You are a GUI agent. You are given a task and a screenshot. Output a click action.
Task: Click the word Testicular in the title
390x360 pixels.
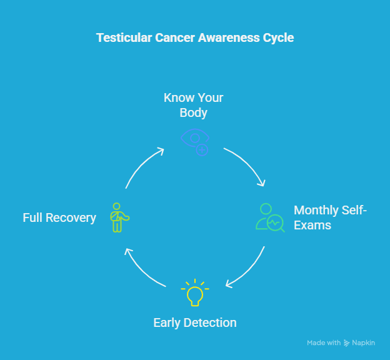[x=124, y=38]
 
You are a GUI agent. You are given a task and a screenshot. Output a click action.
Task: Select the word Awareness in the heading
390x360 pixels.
[x=229, y=38]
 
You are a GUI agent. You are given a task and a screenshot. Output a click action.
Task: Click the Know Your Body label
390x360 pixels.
[x=194, y=105]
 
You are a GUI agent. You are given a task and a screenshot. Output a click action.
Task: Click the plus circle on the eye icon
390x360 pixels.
[x=202, y=150]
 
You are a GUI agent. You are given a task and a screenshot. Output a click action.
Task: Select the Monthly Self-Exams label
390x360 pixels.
[x=330, y=217]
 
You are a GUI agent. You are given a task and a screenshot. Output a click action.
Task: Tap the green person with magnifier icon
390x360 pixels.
[x=270, y=217]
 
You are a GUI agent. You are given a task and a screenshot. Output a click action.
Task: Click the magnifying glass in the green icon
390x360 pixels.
[x=276, y=223]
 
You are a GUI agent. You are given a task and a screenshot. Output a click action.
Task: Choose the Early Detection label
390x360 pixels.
[x=195, y=322]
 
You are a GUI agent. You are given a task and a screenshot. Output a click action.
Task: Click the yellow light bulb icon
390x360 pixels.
[x=195, y=292]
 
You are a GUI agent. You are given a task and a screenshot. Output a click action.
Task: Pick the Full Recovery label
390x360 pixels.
[x=59, y=217]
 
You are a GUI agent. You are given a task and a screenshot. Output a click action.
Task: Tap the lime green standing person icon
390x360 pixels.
[x=119, y=217]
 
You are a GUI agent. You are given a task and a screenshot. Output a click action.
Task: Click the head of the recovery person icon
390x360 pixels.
[x=116, y=206]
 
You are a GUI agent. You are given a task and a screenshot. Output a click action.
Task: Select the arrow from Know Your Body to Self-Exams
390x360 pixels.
[x=249, y=162]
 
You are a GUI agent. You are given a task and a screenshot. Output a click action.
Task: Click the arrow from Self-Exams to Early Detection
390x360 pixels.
[x=249, y=272]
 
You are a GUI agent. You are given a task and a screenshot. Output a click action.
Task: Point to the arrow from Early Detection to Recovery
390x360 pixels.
[x=141, y=272]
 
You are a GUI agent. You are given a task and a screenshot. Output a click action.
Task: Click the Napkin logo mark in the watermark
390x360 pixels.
[x=346, y=343]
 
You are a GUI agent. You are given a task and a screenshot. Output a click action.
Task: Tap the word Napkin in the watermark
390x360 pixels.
[x=363, y=343]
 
